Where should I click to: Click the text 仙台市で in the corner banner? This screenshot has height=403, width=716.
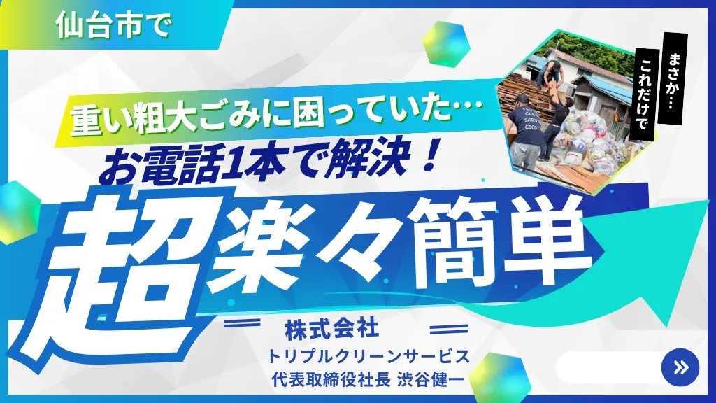(113, 24)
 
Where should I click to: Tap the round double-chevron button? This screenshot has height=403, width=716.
(680, 367)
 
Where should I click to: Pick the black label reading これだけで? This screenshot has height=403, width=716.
(645, 94)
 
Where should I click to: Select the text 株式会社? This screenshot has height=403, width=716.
(332, 329)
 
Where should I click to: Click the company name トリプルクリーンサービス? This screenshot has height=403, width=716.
(368, 356)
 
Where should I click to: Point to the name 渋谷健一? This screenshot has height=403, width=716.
(431, 379)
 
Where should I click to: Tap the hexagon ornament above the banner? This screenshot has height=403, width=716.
(445, 44)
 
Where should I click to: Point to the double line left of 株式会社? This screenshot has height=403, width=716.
(242, 323)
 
